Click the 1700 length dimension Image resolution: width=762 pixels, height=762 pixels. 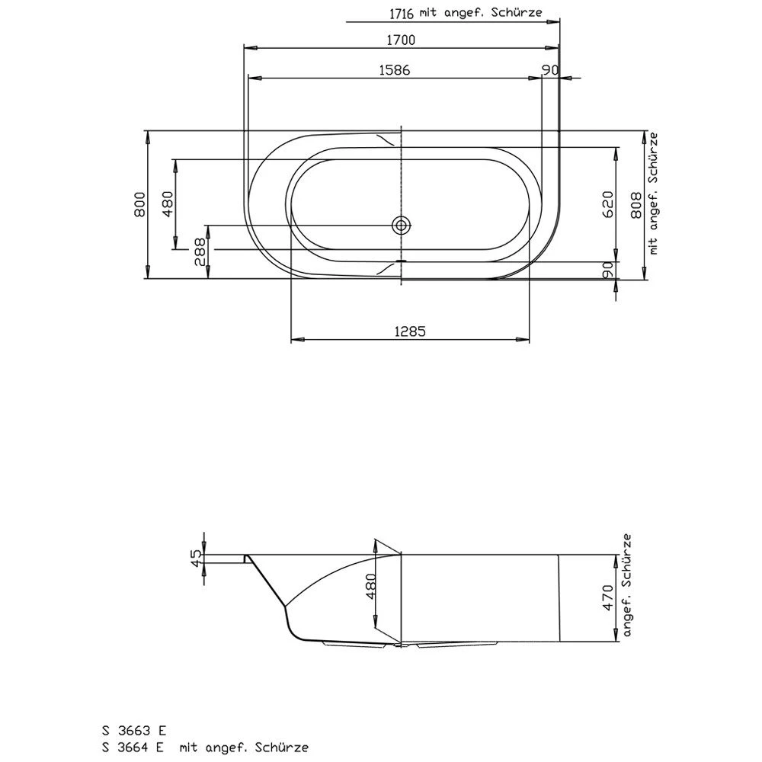pyautogui.click(x=401, y=40)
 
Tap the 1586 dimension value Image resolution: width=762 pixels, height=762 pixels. pyautogui.click(x=394, y=70)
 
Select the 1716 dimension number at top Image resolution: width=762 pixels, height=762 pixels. pyautogui.click(x=402, y=14)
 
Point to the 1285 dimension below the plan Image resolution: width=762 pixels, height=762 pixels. pyautogui.click(x=410, y=331)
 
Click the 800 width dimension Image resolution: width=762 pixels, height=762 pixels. pyautogui.click(x=139, y=204)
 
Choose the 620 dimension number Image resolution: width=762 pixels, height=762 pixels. pyautogui.click(x=608, y=204)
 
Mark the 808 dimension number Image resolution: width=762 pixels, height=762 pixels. pyautogui.click(x=636, y=205)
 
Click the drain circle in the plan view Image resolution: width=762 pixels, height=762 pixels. pyautogui.click(x=401, y=225)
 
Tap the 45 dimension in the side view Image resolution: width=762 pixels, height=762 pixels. pyautogui.click(x=196, y=558)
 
